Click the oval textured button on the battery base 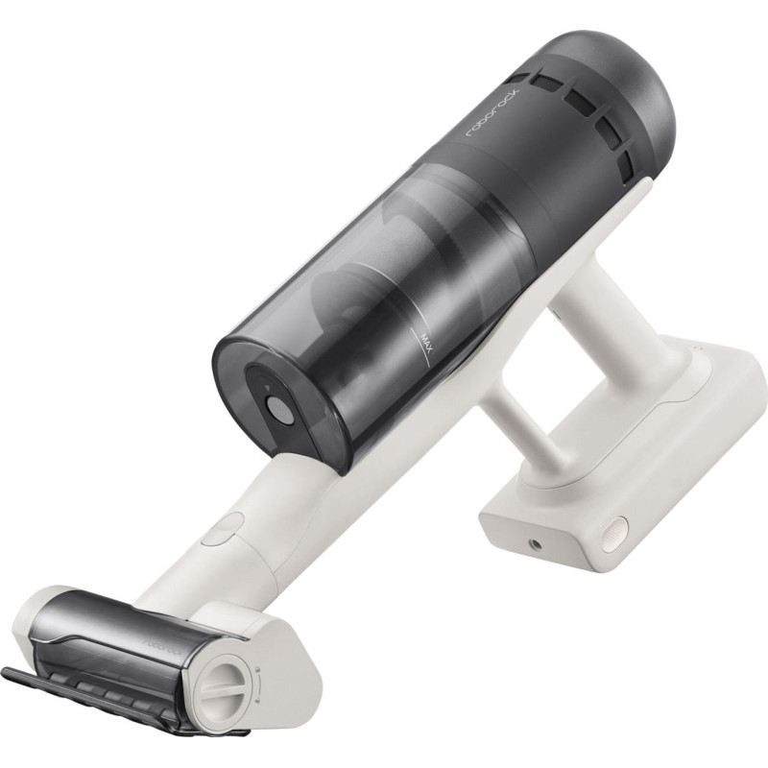(613, 535)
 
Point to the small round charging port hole (535, 544)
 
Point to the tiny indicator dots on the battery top (698, 348)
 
